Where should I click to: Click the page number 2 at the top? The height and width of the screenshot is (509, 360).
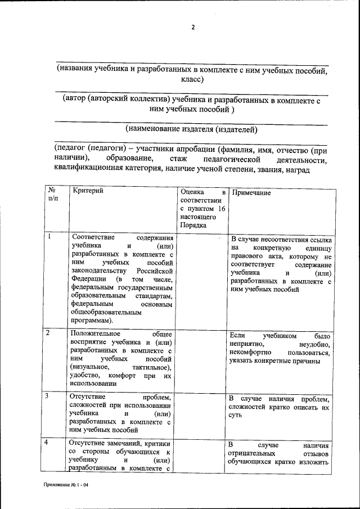click(x=192, y=28)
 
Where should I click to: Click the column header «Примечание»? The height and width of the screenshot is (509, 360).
click(x=251, y=192)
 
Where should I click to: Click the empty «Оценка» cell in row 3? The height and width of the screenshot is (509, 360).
click(x=202, y=413)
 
